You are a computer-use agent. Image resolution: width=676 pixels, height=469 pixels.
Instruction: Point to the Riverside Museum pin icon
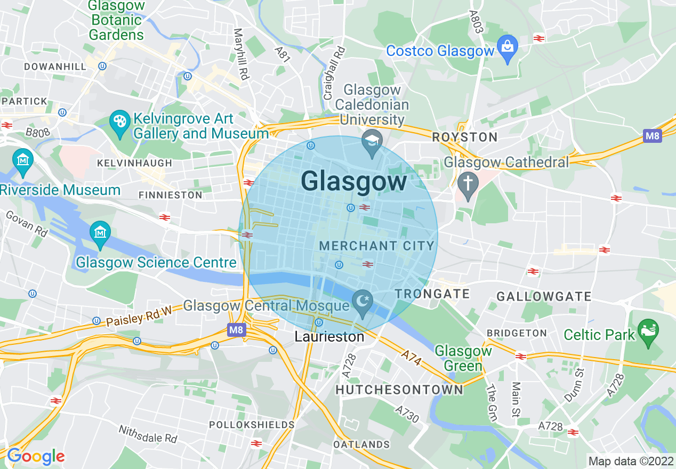[23, 160]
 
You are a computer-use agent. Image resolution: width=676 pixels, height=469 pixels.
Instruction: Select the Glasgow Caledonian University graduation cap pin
[372, 141]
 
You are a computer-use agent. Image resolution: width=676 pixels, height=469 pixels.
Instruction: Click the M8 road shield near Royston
[652, 136]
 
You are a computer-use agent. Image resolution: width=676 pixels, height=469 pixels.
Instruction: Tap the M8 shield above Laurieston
[236, 331]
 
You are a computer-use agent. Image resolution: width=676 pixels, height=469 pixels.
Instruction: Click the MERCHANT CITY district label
[376, 246]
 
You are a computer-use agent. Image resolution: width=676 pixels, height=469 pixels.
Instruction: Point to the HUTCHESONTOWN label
[399, 390]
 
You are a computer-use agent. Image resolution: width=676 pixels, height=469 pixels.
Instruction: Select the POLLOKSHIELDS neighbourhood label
[252, 425]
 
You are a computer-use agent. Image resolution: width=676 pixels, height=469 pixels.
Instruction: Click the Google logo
[35, 456]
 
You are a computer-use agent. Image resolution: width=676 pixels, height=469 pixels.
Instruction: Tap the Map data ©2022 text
[630, 461]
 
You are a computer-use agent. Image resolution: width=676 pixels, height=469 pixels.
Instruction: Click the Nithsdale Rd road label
[148, 434]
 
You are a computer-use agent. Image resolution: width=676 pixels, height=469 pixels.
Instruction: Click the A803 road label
[476, 21]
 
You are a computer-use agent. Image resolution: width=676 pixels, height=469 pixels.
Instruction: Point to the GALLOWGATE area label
[544, 296]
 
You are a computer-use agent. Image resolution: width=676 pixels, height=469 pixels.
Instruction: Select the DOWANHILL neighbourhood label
[55, 67]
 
